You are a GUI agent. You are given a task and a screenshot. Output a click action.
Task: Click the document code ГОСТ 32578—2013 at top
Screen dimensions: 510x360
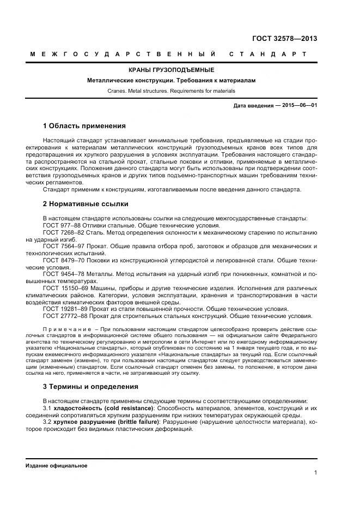[285, 39]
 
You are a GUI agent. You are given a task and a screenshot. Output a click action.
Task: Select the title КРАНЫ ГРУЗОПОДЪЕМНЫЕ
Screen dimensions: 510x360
[172, 70]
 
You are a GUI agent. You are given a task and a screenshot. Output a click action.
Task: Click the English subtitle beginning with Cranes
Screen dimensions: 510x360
[172, 91]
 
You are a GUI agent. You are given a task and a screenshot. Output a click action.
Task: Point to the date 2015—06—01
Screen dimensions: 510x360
[299, 105]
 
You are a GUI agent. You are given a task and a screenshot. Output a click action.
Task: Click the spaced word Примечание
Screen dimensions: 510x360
[68, 329]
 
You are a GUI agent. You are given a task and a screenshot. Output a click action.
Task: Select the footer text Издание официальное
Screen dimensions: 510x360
[56, 466]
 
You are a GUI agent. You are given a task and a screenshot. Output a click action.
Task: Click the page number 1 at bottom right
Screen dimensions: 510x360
[315, 473]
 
